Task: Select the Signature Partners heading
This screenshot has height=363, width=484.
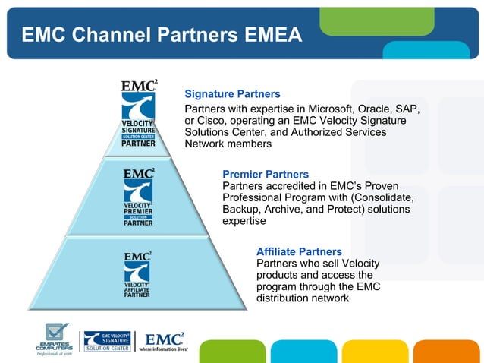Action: click(233, 94)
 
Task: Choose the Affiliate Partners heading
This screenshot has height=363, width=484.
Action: click(299, 251)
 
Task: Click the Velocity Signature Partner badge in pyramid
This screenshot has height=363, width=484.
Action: click(139, 113)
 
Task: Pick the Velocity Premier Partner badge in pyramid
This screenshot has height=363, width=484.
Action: click(138, 197)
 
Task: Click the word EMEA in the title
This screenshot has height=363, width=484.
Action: click(266, 35)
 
